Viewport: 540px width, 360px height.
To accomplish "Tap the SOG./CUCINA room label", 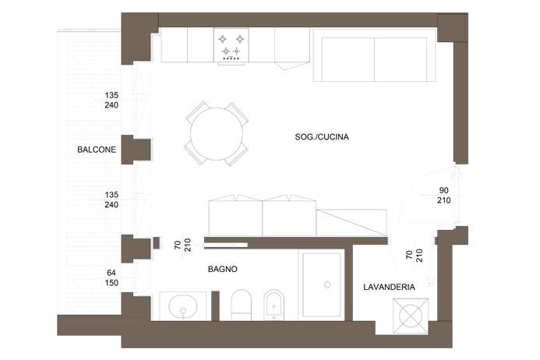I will tap(322, 137).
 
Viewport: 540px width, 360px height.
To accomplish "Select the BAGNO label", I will tap(222, 270).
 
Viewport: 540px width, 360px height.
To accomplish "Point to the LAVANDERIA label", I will tap(389, 288).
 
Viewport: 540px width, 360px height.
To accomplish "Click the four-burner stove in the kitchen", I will tap(231, 45).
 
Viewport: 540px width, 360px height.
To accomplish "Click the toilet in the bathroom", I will tap(242, 305).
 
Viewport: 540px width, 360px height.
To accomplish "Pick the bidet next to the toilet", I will tap(274, 305).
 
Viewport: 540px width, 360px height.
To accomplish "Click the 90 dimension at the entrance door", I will tap(443, 189).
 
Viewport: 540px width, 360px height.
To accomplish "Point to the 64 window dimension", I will tap(111, 272).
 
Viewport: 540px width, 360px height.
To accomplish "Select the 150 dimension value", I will tap(111, 282).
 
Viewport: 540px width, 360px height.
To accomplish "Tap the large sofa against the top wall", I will tap(373, 56).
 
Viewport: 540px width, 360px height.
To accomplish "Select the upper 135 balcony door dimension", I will tap(111, 96).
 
